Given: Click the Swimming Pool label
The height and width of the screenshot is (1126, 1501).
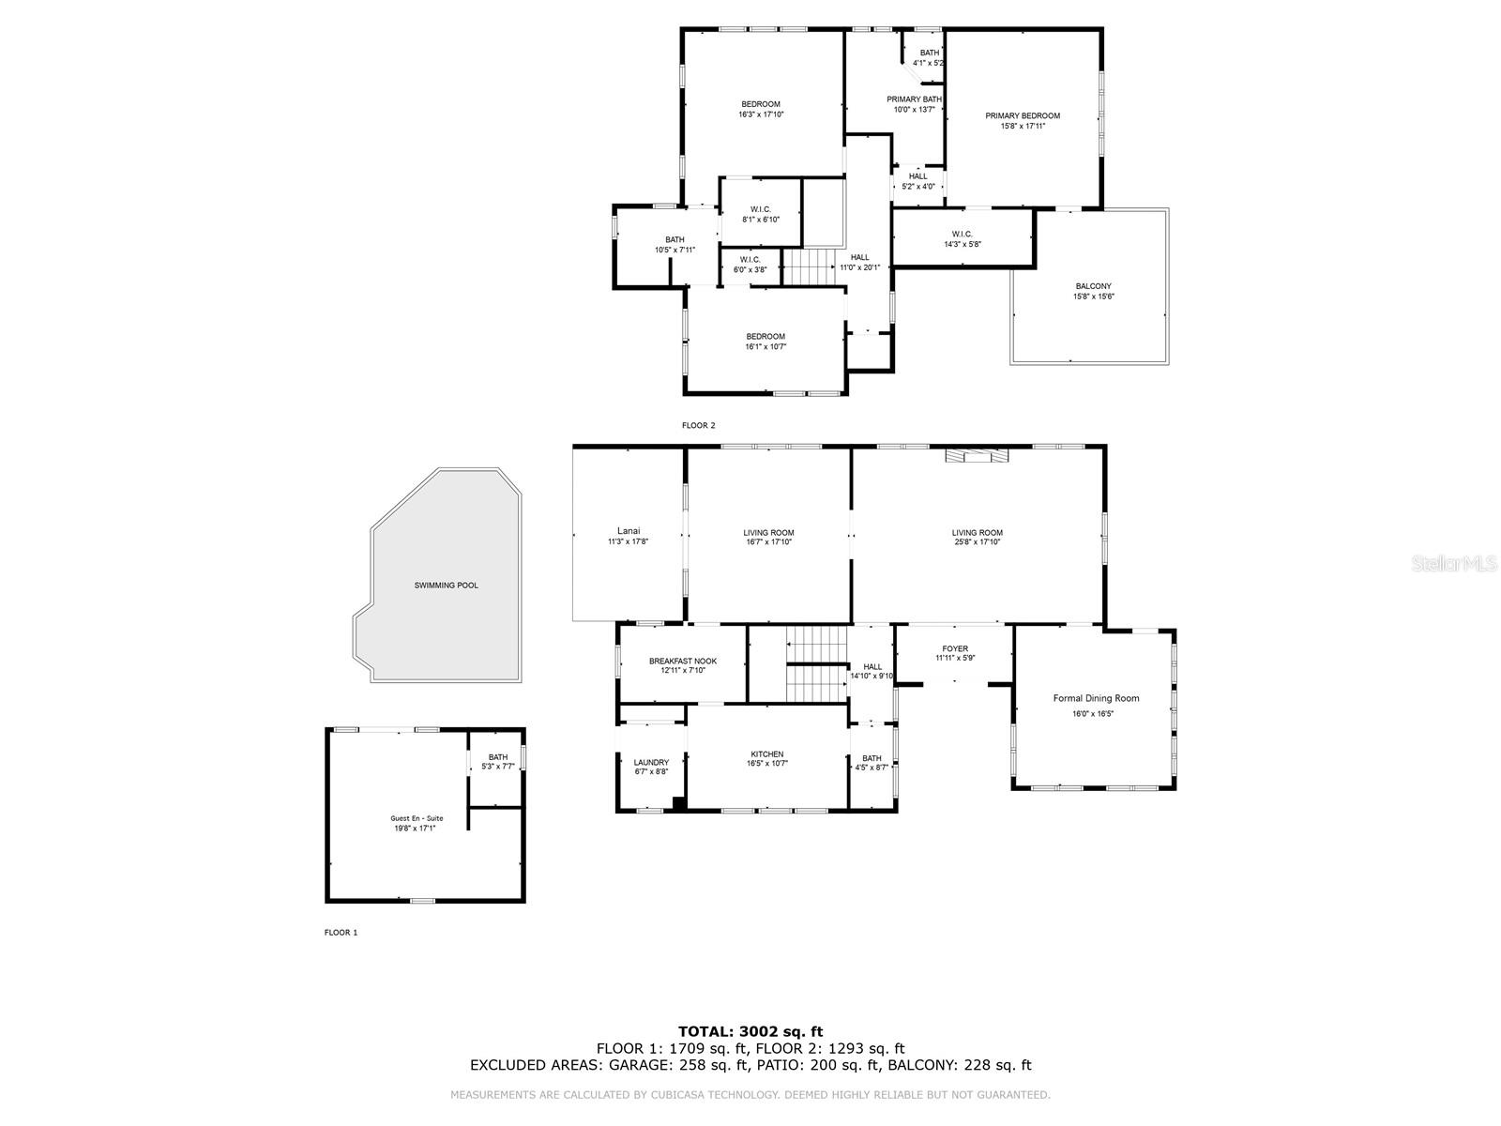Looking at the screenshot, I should [x=447, y=586].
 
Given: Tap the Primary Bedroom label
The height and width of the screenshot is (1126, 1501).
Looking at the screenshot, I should [x=1023, y=116].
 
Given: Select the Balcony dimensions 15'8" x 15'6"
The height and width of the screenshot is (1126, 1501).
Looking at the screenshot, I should [x=1094, y=297].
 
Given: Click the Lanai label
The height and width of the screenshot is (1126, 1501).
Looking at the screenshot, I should [x=629, y=530].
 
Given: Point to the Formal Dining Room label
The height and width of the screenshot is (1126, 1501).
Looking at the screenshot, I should [x=1096, y=698].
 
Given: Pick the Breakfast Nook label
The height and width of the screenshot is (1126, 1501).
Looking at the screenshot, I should [x=683, y=661].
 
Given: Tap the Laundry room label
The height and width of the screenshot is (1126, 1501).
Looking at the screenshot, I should [x=651, y=762].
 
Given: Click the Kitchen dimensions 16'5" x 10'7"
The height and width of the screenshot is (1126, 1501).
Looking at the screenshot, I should [x=766, y=764].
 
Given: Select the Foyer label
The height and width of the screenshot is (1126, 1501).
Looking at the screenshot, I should [x=955, y=648].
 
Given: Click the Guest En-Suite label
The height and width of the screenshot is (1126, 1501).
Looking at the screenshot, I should [x=417, y=818].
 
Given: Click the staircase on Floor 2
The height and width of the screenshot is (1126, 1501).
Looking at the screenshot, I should [x=809, y=266].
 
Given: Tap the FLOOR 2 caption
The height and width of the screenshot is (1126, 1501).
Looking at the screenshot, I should [x=698, y=425].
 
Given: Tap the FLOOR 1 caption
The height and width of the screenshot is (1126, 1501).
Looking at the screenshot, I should [x=341, y=933].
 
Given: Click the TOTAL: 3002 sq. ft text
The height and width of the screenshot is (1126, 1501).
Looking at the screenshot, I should [x=750, y=1031].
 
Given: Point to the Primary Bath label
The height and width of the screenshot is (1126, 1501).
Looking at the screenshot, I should [x=914, y=99].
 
